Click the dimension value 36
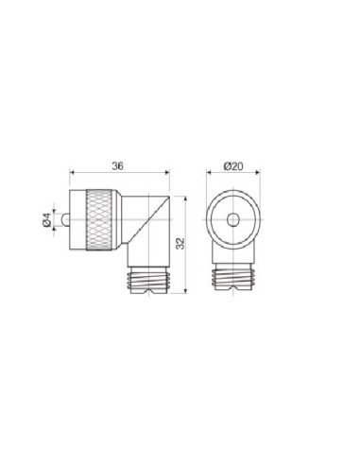tap(118, 165)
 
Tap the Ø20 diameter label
tap(233, 165)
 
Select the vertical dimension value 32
tap(180, 244)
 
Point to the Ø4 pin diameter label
tap(46, 219)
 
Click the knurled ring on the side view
tap(99, 219)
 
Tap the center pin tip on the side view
tap(65, 219)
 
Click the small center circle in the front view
tap(233, 219)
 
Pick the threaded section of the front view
tap(233, 278)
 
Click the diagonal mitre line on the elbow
tap(149, 219)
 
